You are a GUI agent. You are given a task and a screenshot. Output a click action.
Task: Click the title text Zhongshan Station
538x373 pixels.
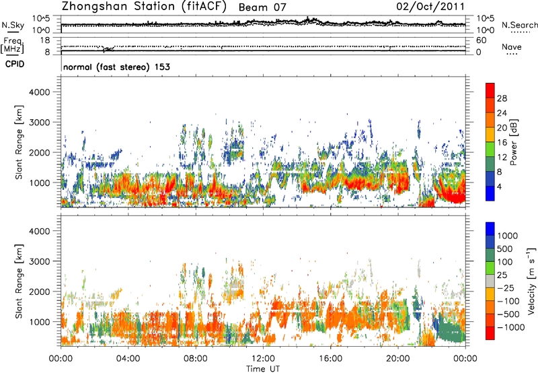pos(118,7)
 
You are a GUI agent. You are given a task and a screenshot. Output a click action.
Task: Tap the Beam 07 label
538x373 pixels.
pos(278,7)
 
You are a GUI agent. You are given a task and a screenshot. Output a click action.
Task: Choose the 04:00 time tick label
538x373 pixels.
pos(128,358)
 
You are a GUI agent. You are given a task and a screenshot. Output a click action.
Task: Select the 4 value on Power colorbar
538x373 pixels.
pos(501,186)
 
